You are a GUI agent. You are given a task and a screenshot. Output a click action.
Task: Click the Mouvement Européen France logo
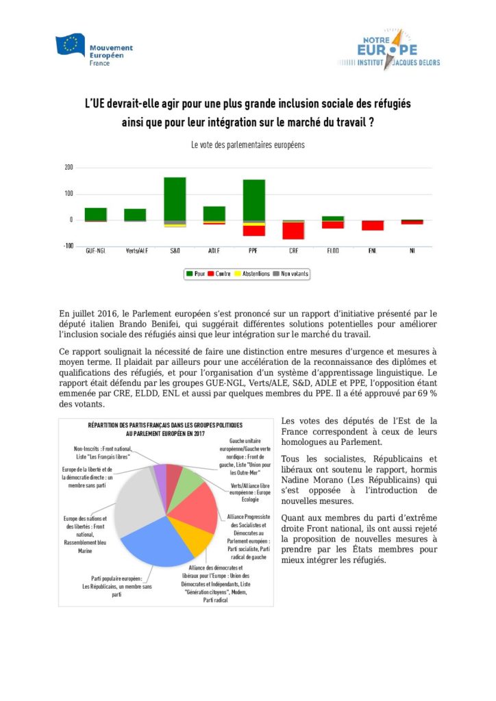coord(94,49)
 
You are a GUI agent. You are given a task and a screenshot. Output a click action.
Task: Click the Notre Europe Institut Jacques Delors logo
coord(388,48)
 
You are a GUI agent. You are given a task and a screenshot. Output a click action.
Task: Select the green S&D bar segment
coord(175,199)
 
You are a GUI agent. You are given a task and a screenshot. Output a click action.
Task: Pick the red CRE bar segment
coord(294,231)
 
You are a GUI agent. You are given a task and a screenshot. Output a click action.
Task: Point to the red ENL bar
coord(373,225)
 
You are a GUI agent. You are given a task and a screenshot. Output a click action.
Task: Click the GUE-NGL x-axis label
coord(95,251)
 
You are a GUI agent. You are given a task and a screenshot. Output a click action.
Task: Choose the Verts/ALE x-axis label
coord(135,251)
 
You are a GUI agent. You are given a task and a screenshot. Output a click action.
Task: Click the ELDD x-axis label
coord(333,251)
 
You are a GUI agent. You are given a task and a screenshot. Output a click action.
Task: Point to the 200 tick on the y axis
coord(69,168)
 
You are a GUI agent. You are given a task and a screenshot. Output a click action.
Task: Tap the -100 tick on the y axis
coord(68,246)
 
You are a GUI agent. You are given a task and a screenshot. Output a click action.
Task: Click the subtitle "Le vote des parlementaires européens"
coord(247,145)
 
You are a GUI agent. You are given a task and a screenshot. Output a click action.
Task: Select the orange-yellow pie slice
coord(193,537)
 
